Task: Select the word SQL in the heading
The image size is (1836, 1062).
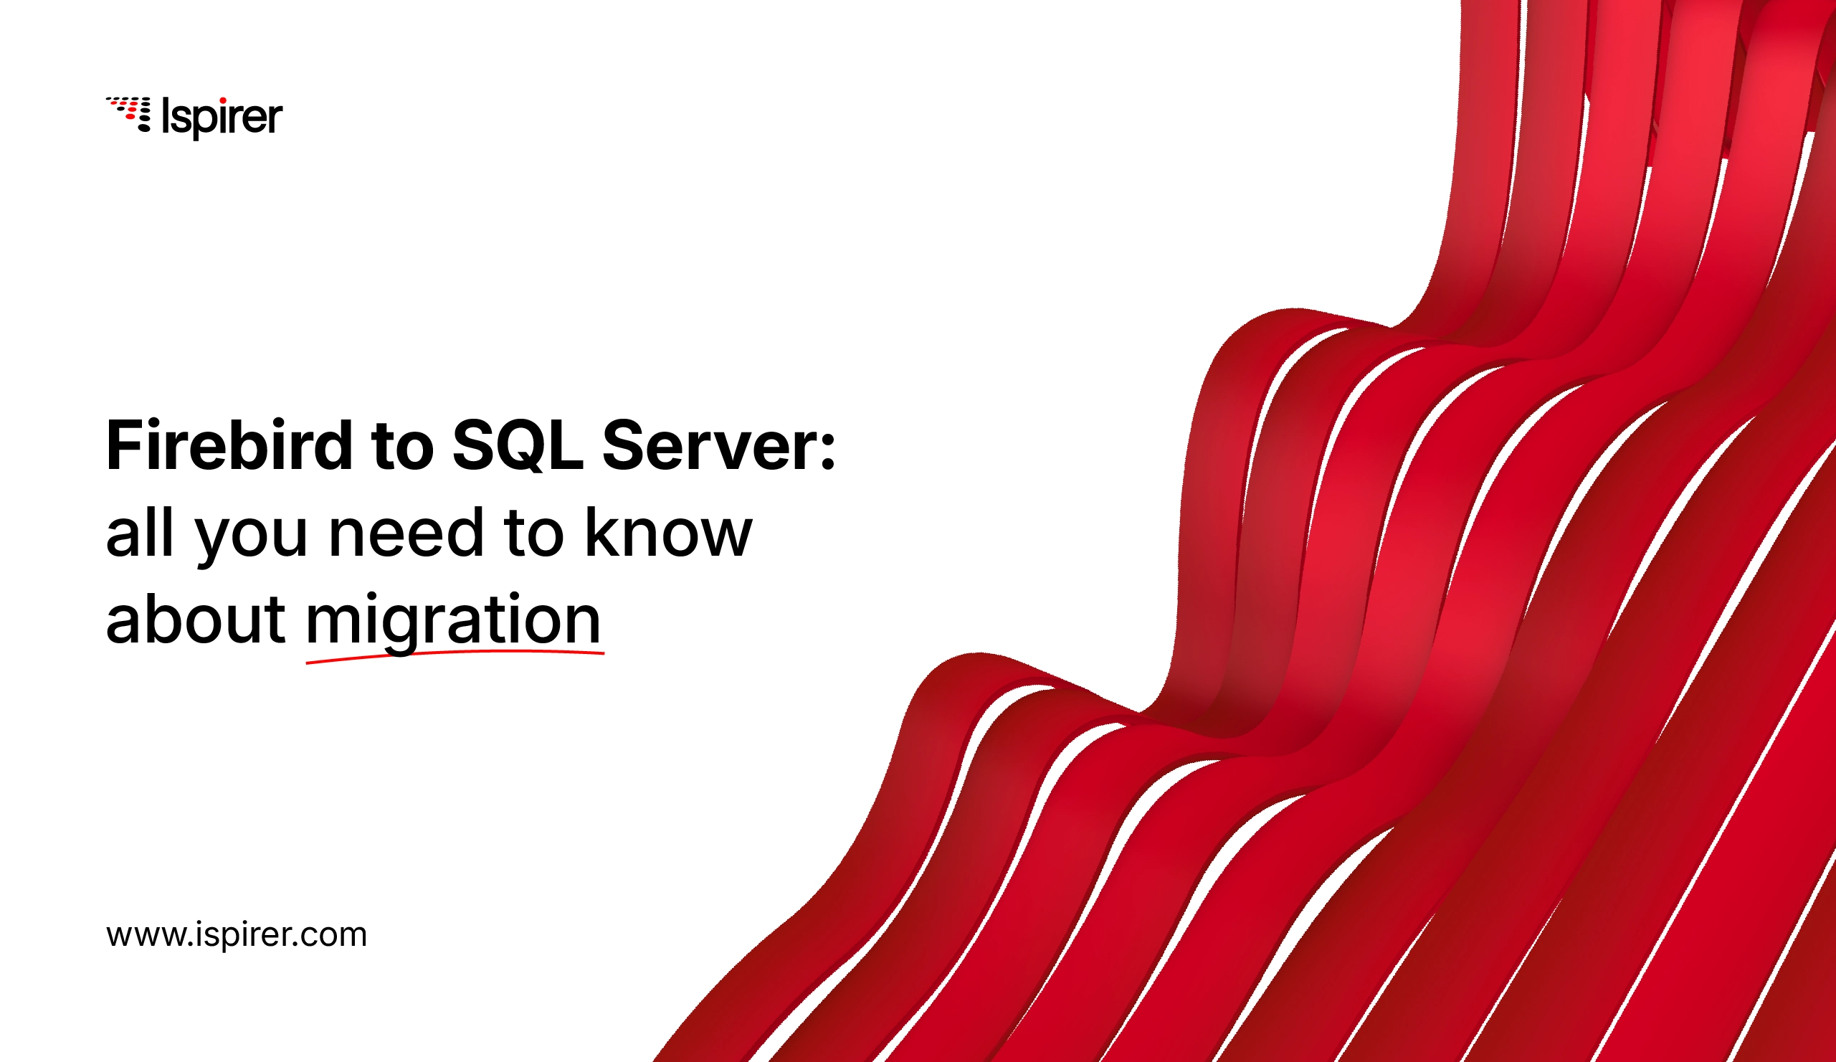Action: (518, 445)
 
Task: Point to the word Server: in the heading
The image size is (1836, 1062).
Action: (718, 445)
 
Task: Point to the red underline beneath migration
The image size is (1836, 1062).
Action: (455, 654)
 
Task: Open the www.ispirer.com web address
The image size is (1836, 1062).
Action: (237, 935)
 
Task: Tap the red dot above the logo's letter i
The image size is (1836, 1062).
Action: (222, 100)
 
